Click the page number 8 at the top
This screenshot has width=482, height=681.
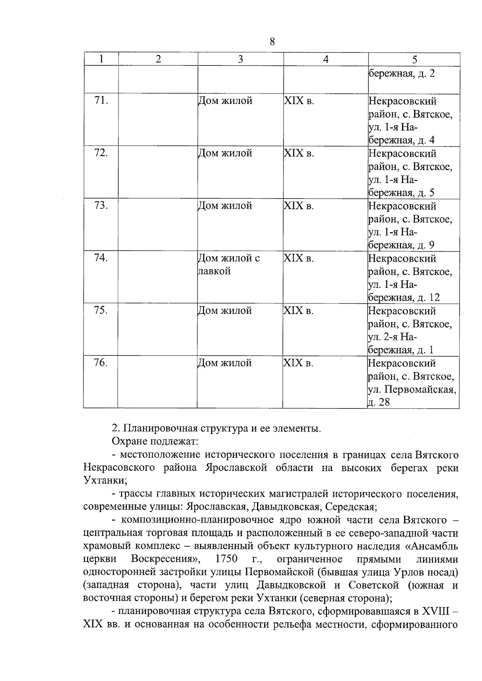click(272, 42)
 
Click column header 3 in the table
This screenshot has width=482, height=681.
click(240, 59)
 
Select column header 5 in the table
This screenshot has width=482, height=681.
click(414, 59)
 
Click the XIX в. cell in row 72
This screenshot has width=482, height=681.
click(298, 153)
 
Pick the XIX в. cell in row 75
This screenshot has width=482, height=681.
click(298, 311)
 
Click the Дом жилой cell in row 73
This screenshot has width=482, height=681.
click(225, 206)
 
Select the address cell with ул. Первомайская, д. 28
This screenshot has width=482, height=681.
click(411, 382)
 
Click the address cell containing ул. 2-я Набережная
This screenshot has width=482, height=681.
click(410, 330)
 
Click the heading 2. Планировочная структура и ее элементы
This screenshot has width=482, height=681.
click(216, 428)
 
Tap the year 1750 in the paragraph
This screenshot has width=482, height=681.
click(226, 559)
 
